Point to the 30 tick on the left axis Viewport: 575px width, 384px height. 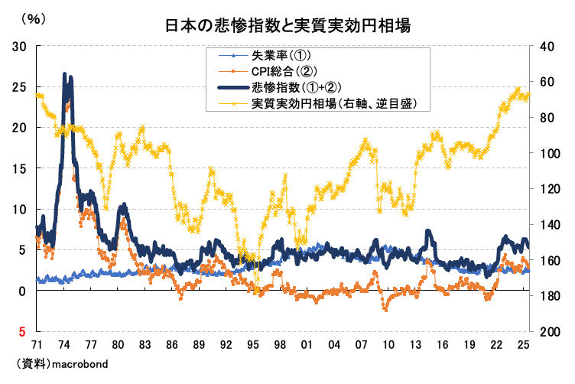point(21,46)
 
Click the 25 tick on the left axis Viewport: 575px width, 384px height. point(21,86)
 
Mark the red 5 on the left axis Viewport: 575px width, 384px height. point(24,332)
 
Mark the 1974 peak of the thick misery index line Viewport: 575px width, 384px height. point(64,73)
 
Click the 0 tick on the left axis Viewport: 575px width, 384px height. point(24,291)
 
